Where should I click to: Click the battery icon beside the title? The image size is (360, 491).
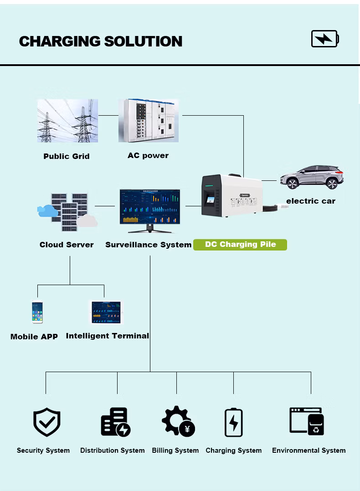coord(324,39)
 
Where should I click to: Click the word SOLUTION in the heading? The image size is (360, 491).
coord(143,41)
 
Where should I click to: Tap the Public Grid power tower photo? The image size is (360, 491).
coord(67,120)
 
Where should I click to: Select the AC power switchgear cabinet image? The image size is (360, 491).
coord(149,120)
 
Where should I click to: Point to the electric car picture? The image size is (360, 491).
coord(312,177)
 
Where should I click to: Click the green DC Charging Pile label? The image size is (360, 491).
coord(240,245)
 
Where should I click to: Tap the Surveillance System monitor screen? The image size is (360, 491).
coord(150,205)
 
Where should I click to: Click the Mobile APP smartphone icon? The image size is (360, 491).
coord(37,312)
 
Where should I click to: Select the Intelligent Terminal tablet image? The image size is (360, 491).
coord(107,312)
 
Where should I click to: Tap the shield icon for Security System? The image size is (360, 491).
coord(46,422)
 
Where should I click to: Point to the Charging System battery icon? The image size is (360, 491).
coord(234,423)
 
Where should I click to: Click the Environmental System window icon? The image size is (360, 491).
coord(307,421)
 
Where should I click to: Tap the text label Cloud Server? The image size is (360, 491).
coord(67,245)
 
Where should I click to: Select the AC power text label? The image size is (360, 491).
coord(148,156)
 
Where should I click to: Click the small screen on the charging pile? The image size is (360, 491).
coord(210,199)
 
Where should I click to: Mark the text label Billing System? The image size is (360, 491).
coord(175,450)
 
